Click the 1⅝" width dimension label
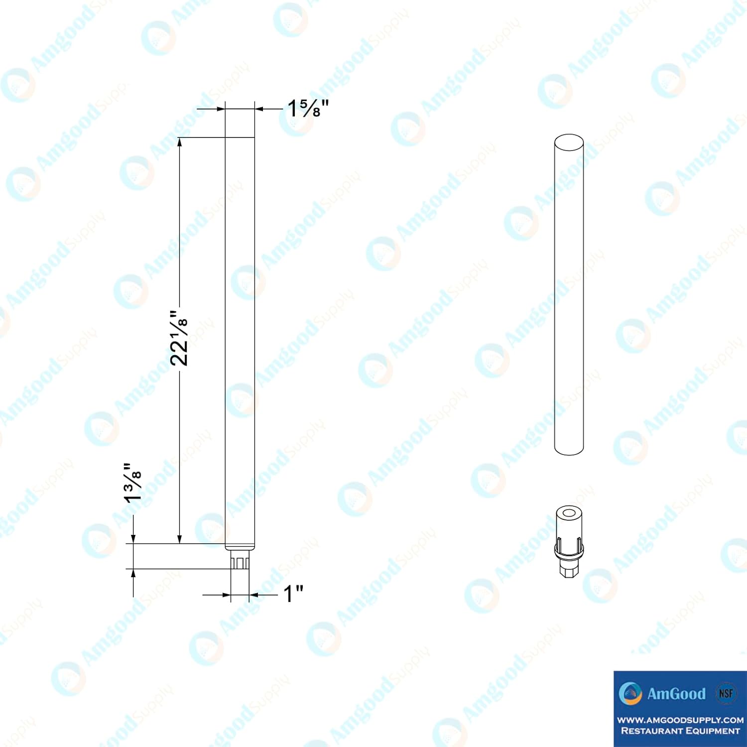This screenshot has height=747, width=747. tap(308, 108)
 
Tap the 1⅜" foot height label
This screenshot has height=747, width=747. tap(133, 483)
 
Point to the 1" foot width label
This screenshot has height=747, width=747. tap(293, 594)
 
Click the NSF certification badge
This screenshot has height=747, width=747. tap(726, 693)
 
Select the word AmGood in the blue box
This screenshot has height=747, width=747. tap(676, 694)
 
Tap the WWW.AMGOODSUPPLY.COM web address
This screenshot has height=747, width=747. tap(680, 720)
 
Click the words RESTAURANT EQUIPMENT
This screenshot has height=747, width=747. tap(680, 731)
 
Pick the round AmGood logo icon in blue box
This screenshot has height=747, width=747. tap(630, 694)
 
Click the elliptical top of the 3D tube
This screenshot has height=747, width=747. tap(569, 142)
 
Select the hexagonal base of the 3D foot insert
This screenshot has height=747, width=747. tap(569, 569)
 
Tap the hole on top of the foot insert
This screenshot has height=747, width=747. tap(569, 513)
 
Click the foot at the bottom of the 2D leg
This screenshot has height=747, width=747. tap(240, 562)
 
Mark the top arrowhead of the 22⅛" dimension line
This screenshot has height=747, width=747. tap(179, 142)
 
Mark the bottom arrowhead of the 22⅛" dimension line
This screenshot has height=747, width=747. tap(179, 539)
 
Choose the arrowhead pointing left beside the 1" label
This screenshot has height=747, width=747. tap(254, 594)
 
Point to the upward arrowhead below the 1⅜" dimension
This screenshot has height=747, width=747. tap(133, 573)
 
